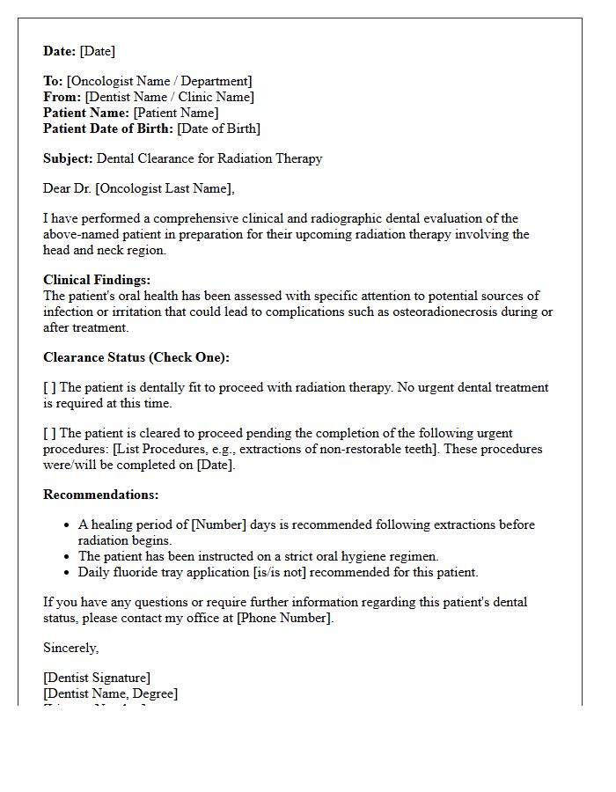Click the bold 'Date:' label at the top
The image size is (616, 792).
click(x=60, y=51)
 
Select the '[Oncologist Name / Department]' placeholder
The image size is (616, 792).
click(x=159, y=81)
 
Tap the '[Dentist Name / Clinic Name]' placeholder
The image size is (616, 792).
click(x=169, y=97)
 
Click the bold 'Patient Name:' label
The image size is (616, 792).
click(x=86, y=113)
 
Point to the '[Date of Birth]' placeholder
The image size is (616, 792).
click(x=218, y=128)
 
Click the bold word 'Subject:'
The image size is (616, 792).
click(x=68, y=158)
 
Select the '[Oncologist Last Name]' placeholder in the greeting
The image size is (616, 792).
click(x=165, y=188)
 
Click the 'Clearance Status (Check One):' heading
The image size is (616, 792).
click(x=136, y=357)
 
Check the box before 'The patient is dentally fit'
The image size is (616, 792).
click(x=49, y=387)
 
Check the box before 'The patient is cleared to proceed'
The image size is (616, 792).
click(x=49, y=433)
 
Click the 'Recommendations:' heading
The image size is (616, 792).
click(x=101, y=495)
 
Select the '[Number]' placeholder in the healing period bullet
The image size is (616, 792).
click(x=220, y=524)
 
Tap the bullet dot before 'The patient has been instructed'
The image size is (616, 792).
click(x=68, y=556)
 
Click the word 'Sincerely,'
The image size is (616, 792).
click(x=71, y=648)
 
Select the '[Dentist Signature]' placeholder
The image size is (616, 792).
click(x=97, y=678)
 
